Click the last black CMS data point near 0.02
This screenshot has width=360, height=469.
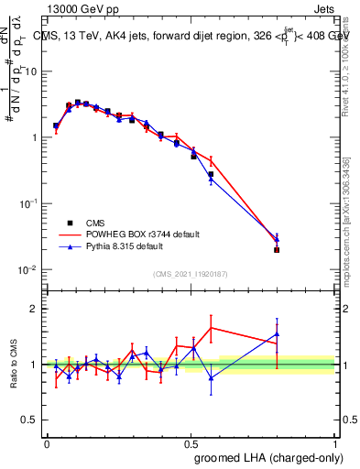click(277, 249)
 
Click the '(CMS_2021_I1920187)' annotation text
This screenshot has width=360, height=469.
click(191, 274)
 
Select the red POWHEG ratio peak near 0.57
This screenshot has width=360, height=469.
click(211, 327)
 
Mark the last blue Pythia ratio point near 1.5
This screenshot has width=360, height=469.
click(277, 334)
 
